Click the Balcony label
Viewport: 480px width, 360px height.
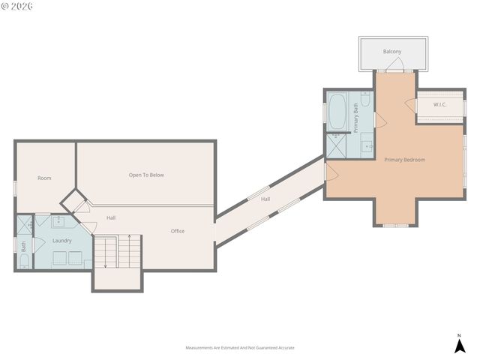[391, 51]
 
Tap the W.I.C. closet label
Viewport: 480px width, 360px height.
[439, 104]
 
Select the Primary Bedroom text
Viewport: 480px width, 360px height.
[404, 160]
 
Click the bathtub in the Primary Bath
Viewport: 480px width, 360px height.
[337, 110]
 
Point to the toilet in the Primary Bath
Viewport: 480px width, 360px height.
[364, 99]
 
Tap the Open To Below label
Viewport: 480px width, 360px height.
[146, 175]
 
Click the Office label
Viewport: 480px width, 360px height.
[177, 231]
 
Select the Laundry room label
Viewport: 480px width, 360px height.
[61, 241]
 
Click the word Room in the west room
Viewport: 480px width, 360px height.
[44, 178]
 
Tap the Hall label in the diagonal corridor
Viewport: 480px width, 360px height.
[265, 199]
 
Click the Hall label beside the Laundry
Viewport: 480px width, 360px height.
[110, 217]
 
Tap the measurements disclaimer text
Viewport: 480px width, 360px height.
[240, 348]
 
